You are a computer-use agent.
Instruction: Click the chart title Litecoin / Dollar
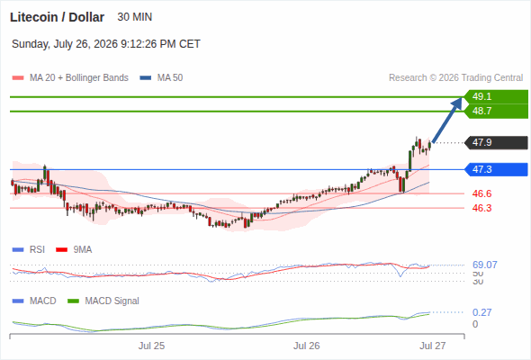point(57,17)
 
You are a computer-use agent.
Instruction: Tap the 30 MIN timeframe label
point(134,17)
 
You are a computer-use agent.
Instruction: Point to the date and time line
point(106,44)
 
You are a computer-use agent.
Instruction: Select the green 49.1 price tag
point(496,97)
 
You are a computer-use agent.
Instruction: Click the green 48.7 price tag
point(496,111)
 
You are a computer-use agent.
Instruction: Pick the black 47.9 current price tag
point(496,142)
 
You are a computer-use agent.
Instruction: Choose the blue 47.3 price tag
point(496,169)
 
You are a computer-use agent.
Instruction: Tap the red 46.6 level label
point(481,193)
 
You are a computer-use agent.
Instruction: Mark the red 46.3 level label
point(481,208)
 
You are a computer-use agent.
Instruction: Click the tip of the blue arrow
point(462,97)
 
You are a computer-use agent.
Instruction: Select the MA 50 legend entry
point(161,78)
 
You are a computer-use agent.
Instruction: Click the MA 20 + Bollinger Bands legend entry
point(70,78)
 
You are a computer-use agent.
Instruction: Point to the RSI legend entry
point(29,250)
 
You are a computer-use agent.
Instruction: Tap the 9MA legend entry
point(74,250)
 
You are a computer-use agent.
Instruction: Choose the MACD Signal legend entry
point(103,301)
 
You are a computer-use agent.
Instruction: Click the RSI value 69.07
point(484,265)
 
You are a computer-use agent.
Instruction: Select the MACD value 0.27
point(481,312)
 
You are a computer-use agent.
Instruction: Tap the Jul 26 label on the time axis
point(306,346)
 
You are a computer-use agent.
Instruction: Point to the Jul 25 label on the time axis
point(151,346)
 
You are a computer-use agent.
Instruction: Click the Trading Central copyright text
point(455,78)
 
